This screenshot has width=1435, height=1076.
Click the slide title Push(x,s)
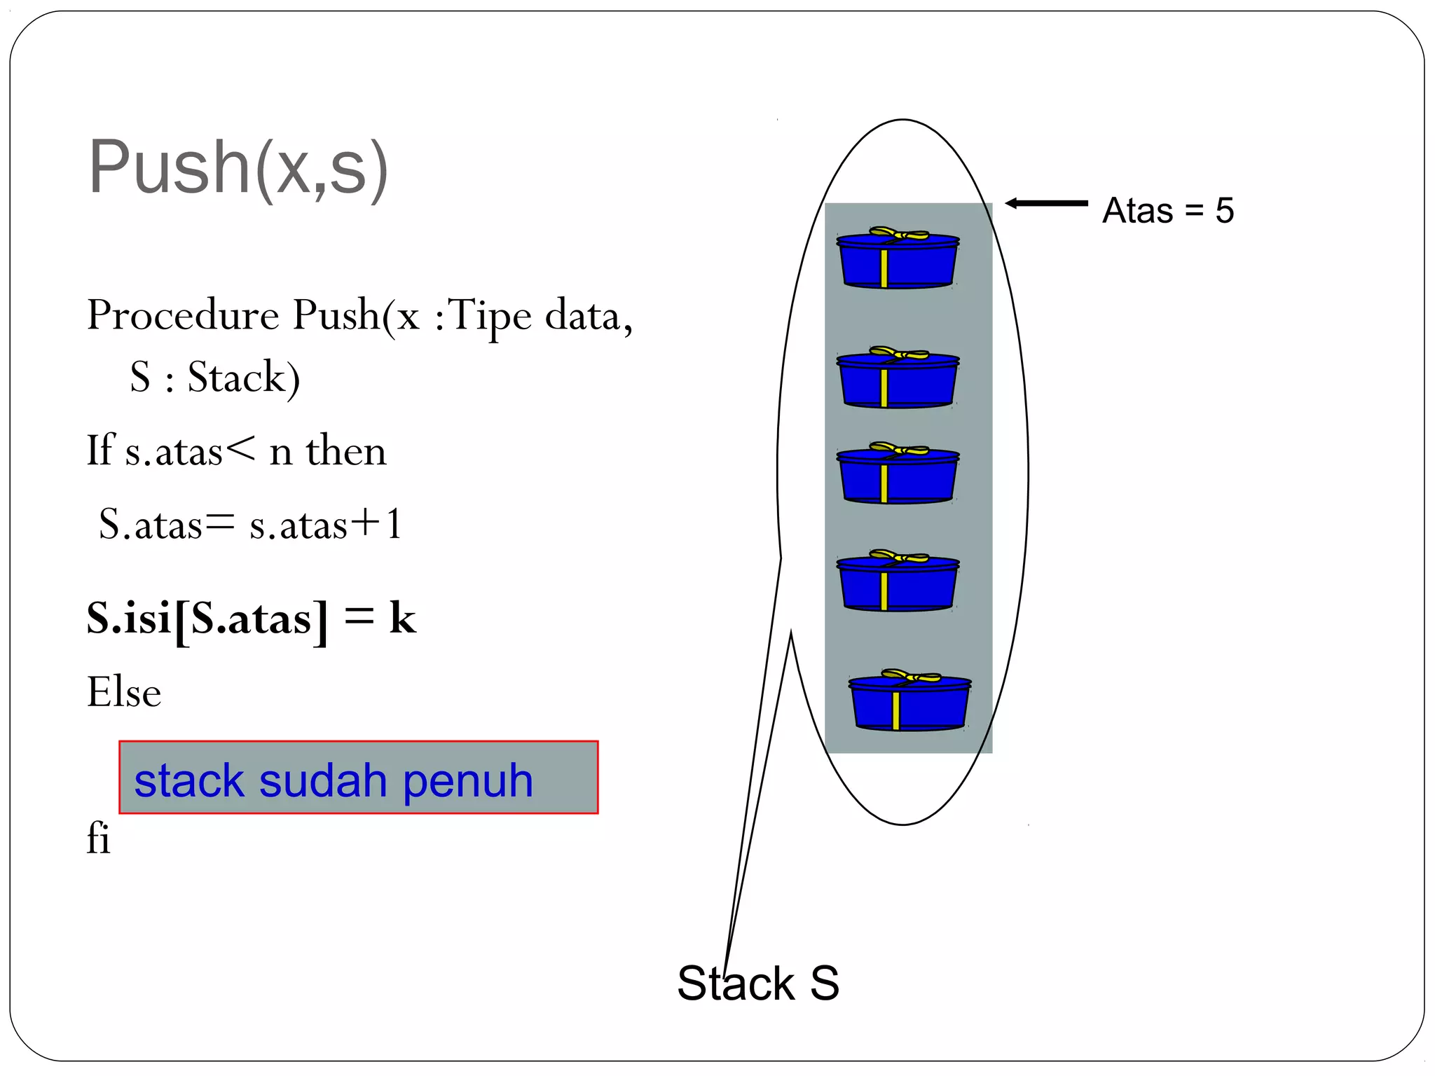pos(238,168)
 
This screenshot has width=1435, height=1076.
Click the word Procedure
pos(183,315)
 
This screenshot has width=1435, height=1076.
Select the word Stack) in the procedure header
pos(244,378)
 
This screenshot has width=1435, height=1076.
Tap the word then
pos(346,450)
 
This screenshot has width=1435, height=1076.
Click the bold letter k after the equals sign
pos(403,618)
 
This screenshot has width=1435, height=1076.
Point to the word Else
pos(124,692)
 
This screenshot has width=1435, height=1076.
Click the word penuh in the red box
pos(468,780)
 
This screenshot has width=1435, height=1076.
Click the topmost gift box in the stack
pos(898,259)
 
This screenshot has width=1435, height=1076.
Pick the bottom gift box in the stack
pos(909,702)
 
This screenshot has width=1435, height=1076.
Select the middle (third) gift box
pos(898,474)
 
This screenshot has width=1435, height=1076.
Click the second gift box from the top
pos(898,378)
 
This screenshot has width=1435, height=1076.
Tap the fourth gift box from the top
pos(898,582)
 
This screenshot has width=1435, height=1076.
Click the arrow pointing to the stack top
pos(1046,203)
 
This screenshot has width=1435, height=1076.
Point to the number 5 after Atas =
pos(1224,210)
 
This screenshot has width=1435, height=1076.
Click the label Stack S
pos(757,983)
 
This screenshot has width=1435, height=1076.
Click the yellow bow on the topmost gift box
pos(898,234)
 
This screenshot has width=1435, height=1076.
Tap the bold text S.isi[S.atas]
pos(207,619)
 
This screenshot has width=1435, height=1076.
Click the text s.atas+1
pos(326,524)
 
